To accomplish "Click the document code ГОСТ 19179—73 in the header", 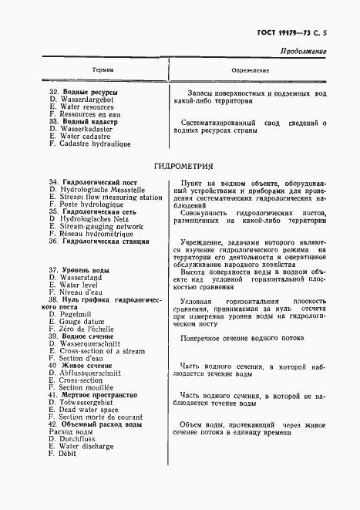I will [279, 33].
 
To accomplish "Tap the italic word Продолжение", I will [303, 52].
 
